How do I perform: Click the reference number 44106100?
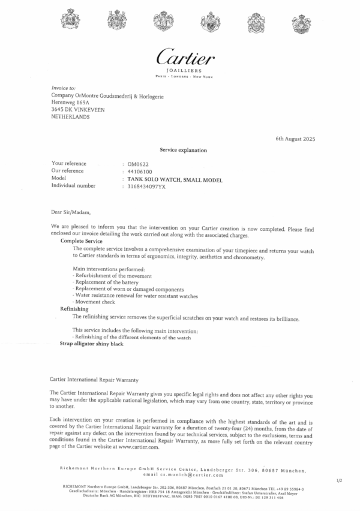point(139,171)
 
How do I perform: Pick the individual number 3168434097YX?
point(146,186)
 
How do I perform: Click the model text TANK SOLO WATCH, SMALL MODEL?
point(170,179)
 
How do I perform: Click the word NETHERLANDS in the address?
point(71,117)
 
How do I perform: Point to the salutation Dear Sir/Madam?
point(70,211)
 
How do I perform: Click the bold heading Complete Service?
point(82,241)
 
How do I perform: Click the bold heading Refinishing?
point(74,308)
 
